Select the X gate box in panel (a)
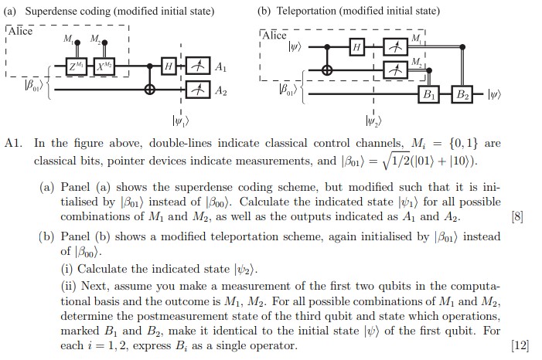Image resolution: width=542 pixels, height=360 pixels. (103, 69)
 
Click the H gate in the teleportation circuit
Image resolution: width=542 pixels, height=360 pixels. (356, 48)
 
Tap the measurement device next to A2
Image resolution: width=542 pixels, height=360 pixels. (196, 91)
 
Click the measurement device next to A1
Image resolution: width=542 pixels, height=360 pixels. (196, 69)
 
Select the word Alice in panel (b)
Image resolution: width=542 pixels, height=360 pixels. (275, 35)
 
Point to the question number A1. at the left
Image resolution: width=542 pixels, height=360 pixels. (15, 144)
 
